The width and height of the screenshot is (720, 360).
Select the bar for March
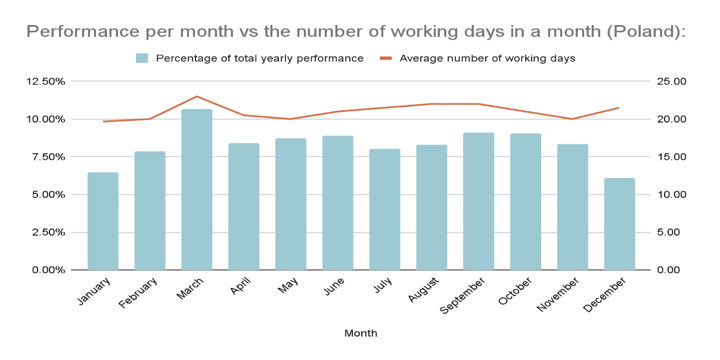197,190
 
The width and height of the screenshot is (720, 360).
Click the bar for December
619,224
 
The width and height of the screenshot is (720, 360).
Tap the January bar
103,221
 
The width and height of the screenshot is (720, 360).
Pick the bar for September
479,201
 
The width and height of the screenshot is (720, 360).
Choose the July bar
384,209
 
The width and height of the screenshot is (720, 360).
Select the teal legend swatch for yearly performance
142,58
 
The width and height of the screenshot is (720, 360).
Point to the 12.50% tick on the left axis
45,82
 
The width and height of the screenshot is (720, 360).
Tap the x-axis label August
425,290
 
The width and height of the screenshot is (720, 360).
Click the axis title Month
361,333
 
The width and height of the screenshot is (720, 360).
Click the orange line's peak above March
197,97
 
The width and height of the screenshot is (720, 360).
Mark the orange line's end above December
619,108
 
